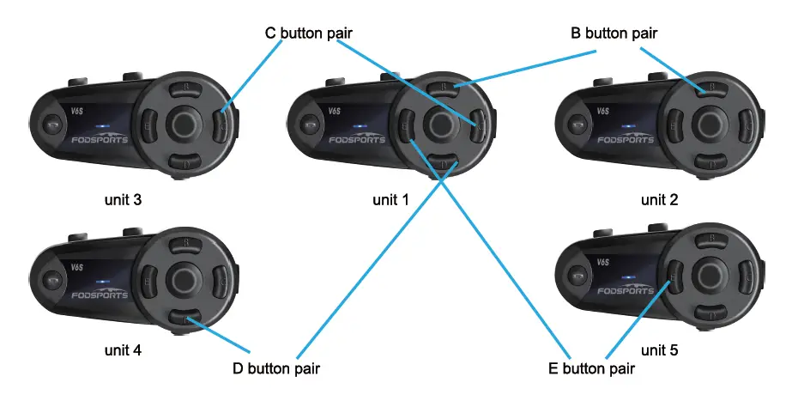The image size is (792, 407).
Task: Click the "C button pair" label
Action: point(309,33)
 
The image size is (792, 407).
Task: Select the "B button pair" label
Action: point(614,33)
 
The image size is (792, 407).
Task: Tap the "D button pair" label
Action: point(275,369)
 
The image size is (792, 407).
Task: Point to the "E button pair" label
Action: point(591,369)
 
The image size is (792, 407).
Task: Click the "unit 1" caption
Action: point(390,200)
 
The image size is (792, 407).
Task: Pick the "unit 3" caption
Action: point(121,200)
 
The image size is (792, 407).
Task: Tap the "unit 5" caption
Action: point(659,350)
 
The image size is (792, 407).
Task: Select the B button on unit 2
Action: point(709,88)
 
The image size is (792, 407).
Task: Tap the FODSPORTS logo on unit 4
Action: point(96,294)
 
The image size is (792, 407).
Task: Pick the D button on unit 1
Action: point(444,162)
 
